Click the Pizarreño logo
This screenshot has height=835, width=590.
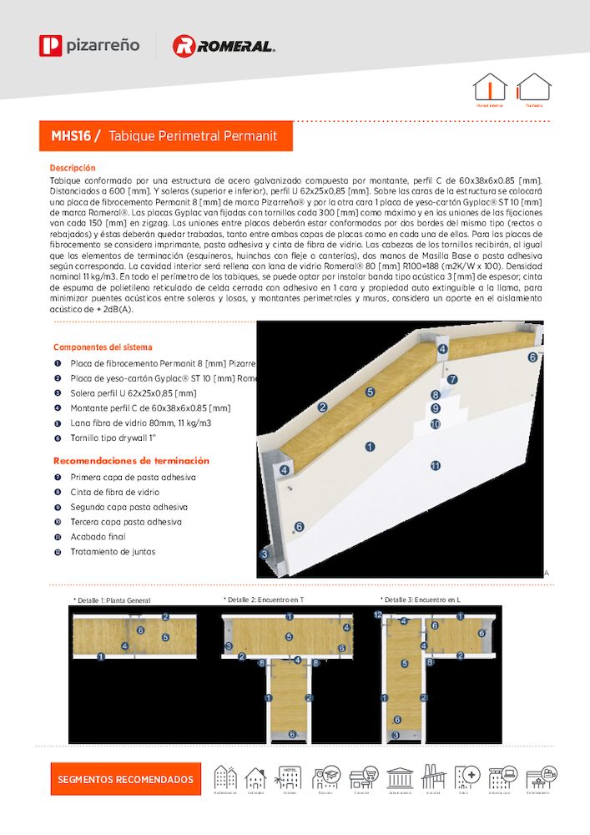point(88,45)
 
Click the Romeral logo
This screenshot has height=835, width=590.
point(223,46)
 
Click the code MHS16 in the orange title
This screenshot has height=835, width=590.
point(71,135)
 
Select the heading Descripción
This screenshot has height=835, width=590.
point(73,168)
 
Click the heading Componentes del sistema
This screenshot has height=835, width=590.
point(103,347)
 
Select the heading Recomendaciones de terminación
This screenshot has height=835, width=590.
point(131,461)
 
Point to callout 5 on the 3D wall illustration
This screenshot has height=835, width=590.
point(370,391)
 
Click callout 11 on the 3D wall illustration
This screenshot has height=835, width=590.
point(435,465)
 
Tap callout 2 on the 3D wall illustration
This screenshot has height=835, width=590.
point(322,407)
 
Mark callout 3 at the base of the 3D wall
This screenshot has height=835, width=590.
point(265,554)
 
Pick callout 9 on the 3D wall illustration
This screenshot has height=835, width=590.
point(435,409)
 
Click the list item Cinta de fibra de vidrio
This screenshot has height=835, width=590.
point(114,492)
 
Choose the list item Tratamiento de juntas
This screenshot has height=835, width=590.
point(113,552)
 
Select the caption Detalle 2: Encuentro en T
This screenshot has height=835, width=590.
point(264,600)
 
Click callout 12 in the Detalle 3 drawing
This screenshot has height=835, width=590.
point(377,615)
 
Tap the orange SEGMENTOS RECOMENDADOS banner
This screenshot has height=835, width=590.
point(125,779)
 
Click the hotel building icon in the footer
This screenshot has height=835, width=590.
point(290,777)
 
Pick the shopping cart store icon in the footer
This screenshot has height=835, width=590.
point(363,777)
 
